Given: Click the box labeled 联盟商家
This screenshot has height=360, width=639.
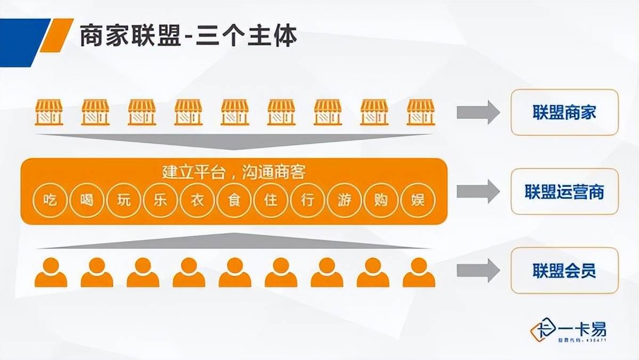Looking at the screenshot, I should [564, 112].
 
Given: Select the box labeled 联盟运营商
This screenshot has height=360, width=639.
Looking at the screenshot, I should [564, 192].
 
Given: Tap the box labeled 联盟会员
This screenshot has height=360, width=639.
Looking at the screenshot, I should [564, 271].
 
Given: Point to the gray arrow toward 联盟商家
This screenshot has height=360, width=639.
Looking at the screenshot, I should [478, 112].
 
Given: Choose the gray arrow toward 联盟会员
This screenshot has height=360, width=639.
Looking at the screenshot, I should [478, 271].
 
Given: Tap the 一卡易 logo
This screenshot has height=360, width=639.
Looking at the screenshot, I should [569, 330].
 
